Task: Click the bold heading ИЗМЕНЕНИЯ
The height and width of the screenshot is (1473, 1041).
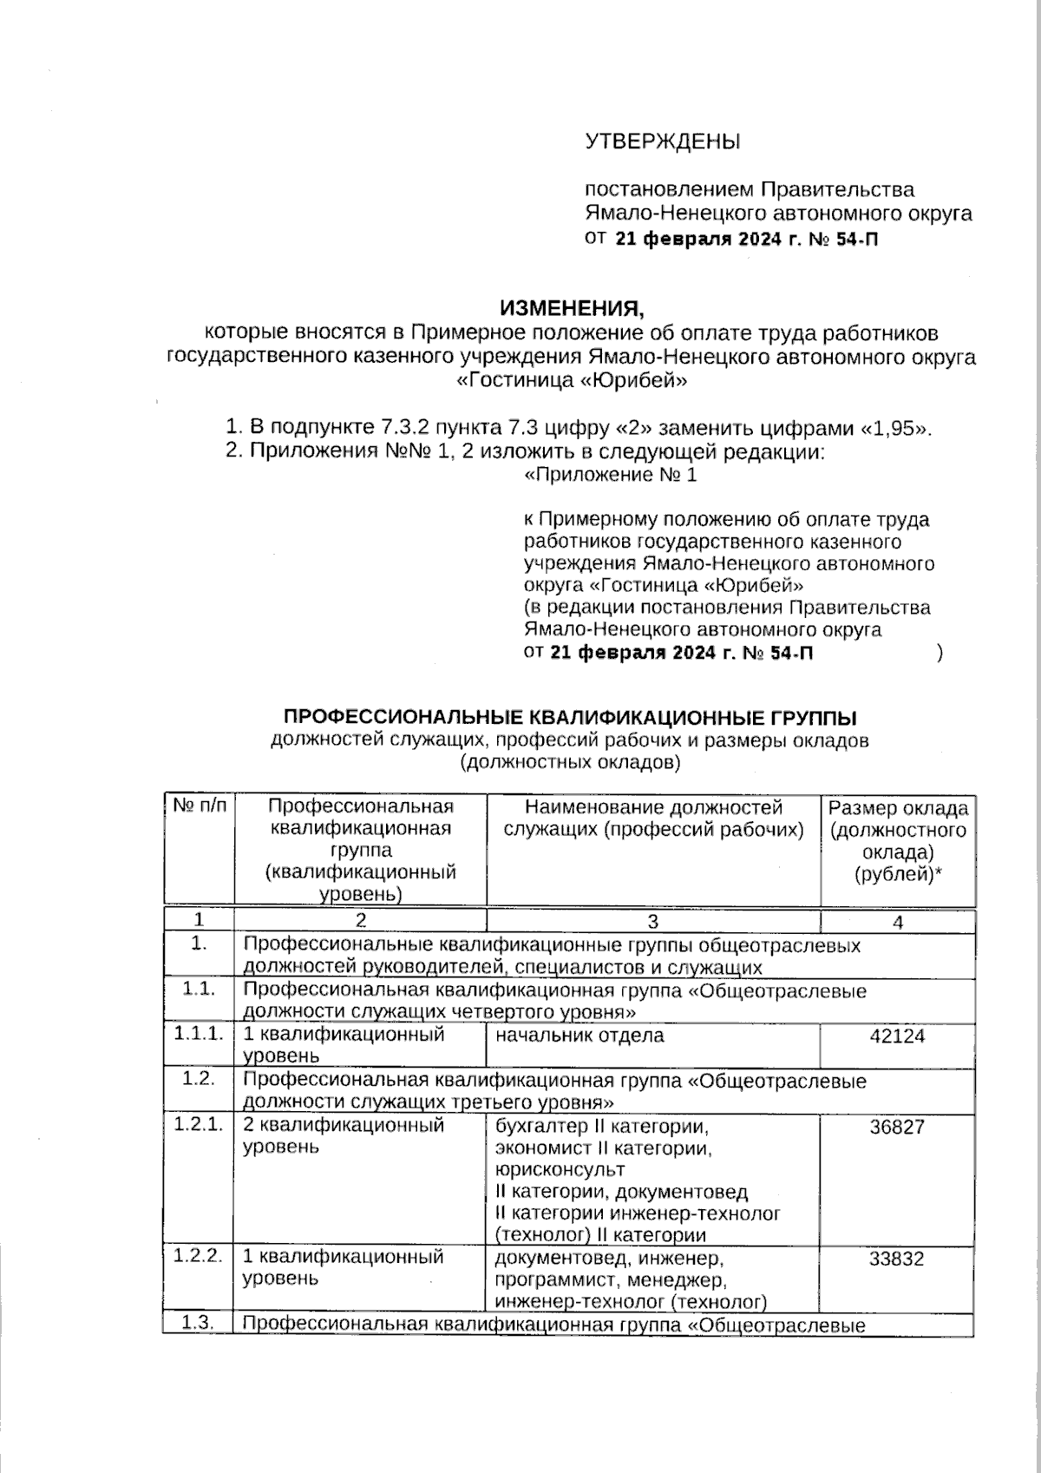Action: click(573, 309)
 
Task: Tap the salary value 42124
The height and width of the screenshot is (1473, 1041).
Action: click(897, 1036)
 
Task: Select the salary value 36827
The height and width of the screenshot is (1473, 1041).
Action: click(897, 1127)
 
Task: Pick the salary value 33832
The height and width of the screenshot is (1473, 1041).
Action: click(897, 1259)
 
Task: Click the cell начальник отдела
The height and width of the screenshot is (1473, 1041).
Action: click(579, 1036)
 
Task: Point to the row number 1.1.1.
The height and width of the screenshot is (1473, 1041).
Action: click(199, 1034)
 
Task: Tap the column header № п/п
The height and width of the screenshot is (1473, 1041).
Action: click(200, 806)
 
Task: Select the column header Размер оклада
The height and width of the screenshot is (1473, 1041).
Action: click(898, 809)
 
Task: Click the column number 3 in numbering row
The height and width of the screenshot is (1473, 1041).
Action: click(653, 922)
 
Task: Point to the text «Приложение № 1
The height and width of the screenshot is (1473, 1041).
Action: click(611, 475)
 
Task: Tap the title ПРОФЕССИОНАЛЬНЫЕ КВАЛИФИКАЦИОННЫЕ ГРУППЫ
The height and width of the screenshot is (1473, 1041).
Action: click(571, 717)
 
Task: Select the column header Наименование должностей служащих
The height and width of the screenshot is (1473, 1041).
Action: click(653, 819)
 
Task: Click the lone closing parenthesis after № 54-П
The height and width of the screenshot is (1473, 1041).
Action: click(940, 653)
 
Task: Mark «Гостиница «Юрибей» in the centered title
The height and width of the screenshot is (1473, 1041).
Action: click(572, 380)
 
